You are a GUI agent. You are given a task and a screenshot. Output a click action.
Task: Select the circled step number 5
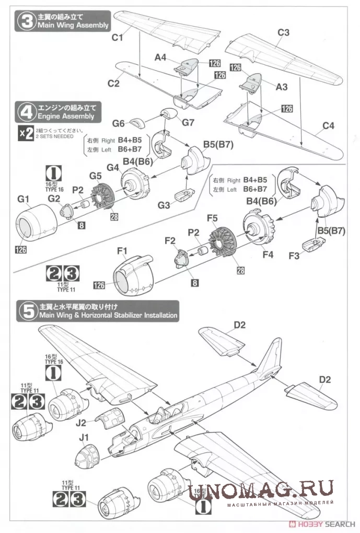[x=27, y=311]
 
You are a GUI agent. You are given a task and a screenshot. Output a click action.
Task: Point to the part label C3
[x=284, y=32]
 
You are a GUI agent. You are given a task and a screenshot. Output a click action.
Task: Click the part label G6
[x=119, y=124]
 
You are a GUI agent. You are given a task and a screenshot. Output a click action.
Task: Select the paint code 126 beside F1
[x=100, y=285]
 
